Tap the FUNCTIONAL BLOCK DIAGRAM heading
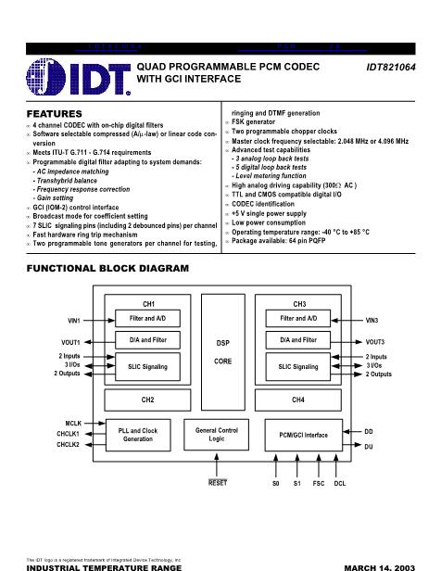107,268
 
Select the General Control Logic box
222,435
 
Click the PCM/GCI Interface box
303,435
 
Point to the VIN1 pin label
75,320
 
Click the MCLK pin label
74,423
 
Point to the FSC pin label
318,483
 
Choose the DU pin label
369,446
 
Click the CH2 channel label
148,400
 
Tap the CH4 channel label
298,400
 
